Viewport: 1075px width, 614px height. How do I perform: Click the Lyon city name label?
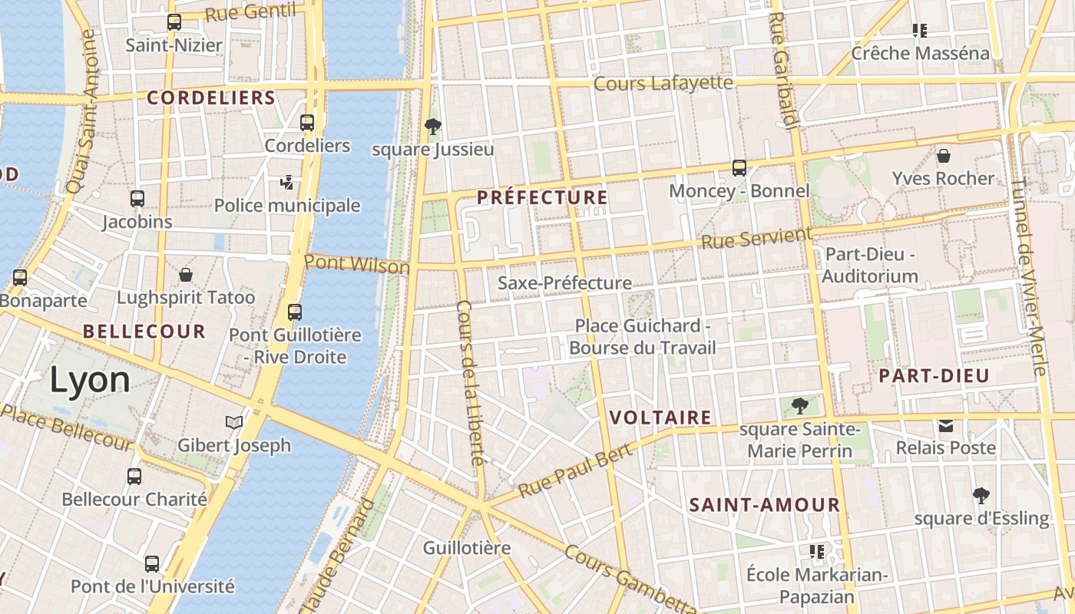pyautogui.click(x=91, y=381)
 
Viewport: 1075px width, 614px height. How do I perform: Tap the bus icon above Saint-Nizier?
pyautogui.click(x=174, y=22)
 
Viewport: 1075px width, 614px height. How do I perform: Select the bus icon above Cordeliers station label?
pyautogui.click(x=307, y=123)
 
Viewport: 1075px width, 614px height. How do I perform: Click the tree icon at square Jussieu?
pyautogui.click(x=433, y=127)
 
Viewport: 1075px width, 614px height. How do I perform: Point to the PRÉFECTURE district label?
pyautogui.click(x=542, y=198)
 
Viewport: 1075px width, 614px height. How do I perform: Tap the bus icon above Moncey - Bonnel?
pyautogui.click(x=739, y=168)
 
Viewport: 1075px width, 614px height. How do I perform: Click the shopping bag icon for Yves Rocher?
pyautogui.click(x=944, y=156)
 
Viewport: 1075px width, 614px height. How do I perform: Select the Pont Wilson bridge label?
pyautogui.click(x=357, y=264)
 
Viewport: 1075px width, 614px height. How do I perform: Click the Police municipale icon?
pyautogui.click(x=287, y=183)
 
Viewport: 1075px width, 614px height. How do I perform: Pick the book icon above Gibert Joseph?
pyautogui.click(x=234, y=422)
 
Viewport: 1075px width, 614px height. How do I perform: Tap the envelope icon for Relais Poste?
pyautogui.click(x=946, y=425)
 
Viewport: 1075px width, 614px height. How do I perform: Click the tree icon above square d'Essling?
pyautogui.click(x=981, y=496)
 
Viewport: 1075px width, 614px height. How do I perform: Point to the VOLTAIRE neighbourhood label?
pyautogui.click(x=660, y=418)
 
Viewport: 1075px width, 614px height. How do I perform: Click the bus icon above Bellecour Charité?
pyautogui.click(x=134, y=477)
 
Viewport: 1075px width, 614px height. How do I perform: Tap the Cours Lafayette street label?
pyautogui.click(x=663, y=82)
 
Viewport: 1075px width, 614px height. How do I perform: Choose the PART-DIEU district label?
pyautogui.click(x=934, y=376)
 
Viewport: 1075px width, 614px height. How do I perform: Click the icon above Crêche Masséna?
pyautogui.click(x=920, y=31)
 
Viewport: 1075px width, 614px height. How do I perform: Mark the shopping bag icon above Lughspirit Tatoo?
pyautogui.click(x=186, y=275)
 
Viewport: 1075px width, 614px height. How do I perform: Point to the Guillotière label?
pyautogui.click(x=467, y=548)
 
